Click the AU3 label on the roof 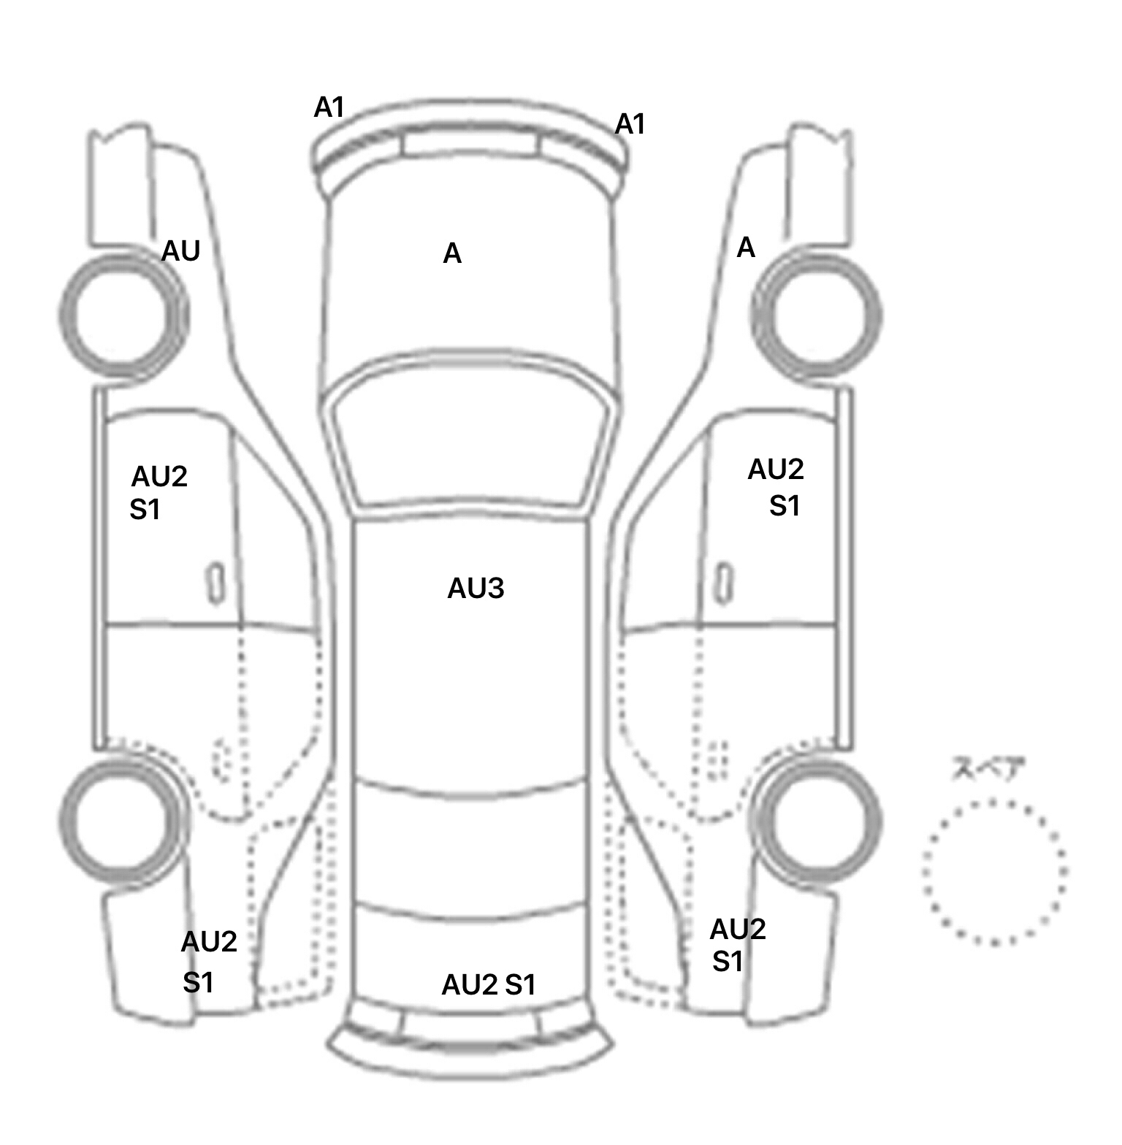tap(476, 589)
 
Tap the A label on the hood tap(452, 254)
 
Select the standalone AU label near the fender tap(180, 251)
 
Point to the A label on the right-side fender tap(746, 248)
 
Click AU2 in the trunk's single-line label tap(470, 985)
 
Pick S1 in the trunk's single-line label tap(521, 985)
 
